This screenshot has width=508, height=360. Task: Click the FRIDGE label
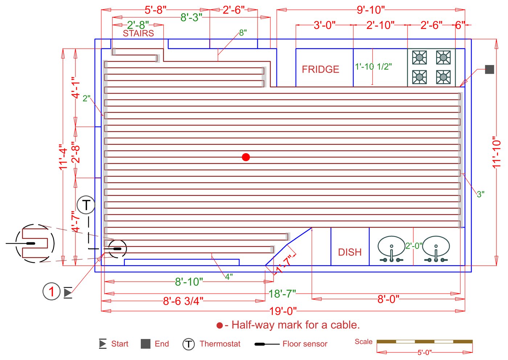pyautogui.click(x=320, y=69)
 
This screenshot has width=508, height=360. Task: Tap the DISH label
pyautogui.click(x=350, y=252)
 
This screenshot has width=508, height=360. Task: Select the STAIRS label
pyautogui.click(x=138, y=33)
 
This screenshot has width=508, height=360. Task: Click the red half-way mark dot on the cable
pyautogui.click(x=246, y=157)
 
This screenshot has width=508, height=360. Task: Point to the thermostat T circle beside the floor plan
pyautogui.click(x=86, y=205)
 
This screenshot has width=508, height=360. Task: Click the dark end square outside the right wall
pyautogui.click(x=489, y=69)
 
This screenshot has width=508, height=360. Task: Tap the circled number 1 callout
pyautogui.click(x=51, y=291)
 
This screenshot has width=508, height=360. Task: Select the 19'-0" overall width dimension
pyautogui.click(x=283, y=311)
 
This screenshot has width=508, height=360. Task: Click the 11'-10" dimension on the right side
pyautogui.click(x=497, y=152)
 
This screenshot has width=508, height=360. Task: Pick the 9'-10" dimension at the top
pyautogui.click(x=370, y=10)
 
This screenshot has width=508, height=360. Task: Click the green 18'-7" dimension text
pyautogui.click(x=282, y=294)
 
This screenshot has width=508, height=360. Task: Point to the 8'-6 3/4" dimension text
pyautogui.click(x=183, y=301)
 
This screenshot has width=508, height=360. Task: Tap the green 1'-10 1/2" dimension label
pyautogui.click(x=373, y=67)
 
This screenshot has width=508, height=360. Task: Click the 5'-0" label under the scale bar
pyautogui.click(x=424, y=352)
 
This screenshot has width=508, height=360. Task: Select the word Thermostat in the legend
pyautogui.click(x=220, y=344)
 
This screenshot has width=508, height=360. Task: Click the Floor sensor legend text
pyautogui.click(x=305, y=344)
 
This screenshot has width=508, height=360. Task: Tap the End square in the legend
pyautogui.click(x=146, y=344)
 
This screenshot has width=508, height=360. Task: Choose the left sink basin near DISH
pyautogui.click(x=392, y=247)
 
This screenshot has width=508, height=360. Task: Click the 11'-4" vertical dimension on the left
pyautogui.click(x=64, y=157)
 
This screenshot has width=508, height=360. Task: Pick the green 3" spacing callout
pyautogui.click(x=480, y=195)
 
